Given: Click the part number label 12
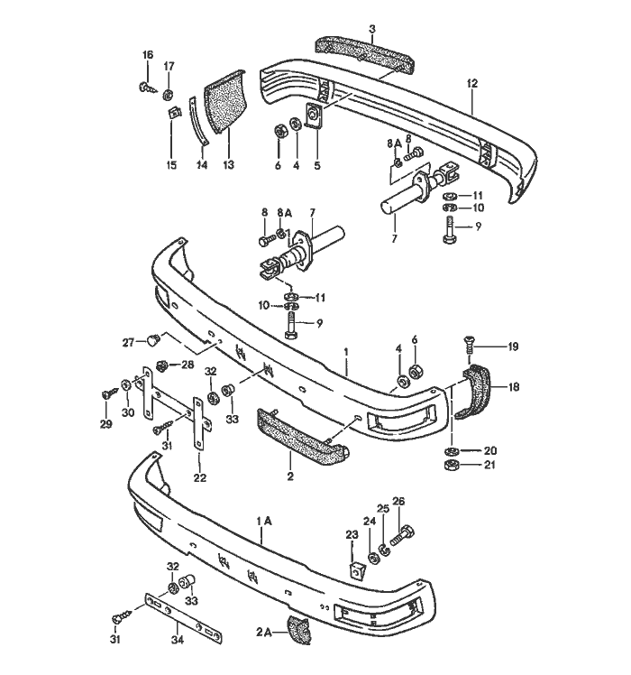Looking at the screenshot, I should click(x=471, y=83).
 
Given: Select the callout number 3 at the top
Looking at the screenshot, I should click(x=371, y=31).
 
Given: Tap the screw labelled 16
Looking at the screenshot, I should click(x=145, y=88).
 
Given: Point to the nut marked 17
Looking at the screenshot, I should click(x=169, y=92).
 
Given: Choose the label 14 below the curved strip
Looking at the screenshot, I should click(x=203, y=165).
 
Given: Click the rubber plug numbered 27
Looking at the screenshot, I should click(x=155, y=341).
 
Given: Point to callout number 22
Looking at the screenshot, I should click(x=199, y=477).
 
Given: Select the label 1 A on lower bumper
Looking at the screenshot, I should click(x=263, y=521).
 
